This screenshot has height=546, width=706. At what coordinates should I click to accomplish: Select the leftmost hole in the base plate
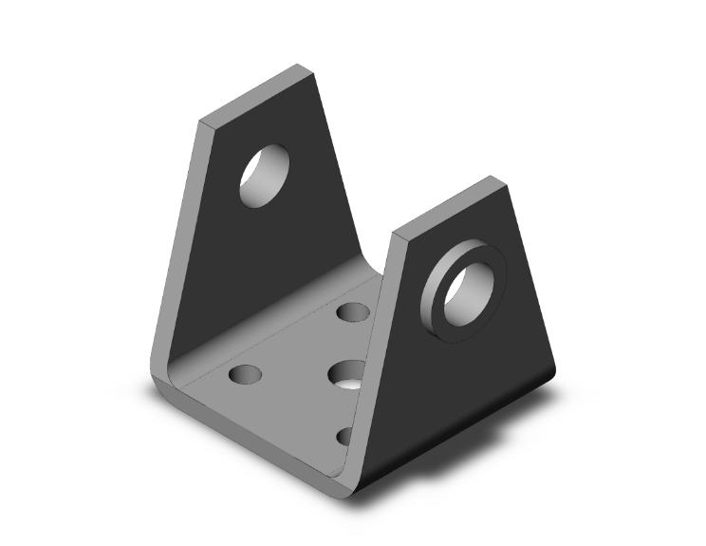point(245,374)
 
